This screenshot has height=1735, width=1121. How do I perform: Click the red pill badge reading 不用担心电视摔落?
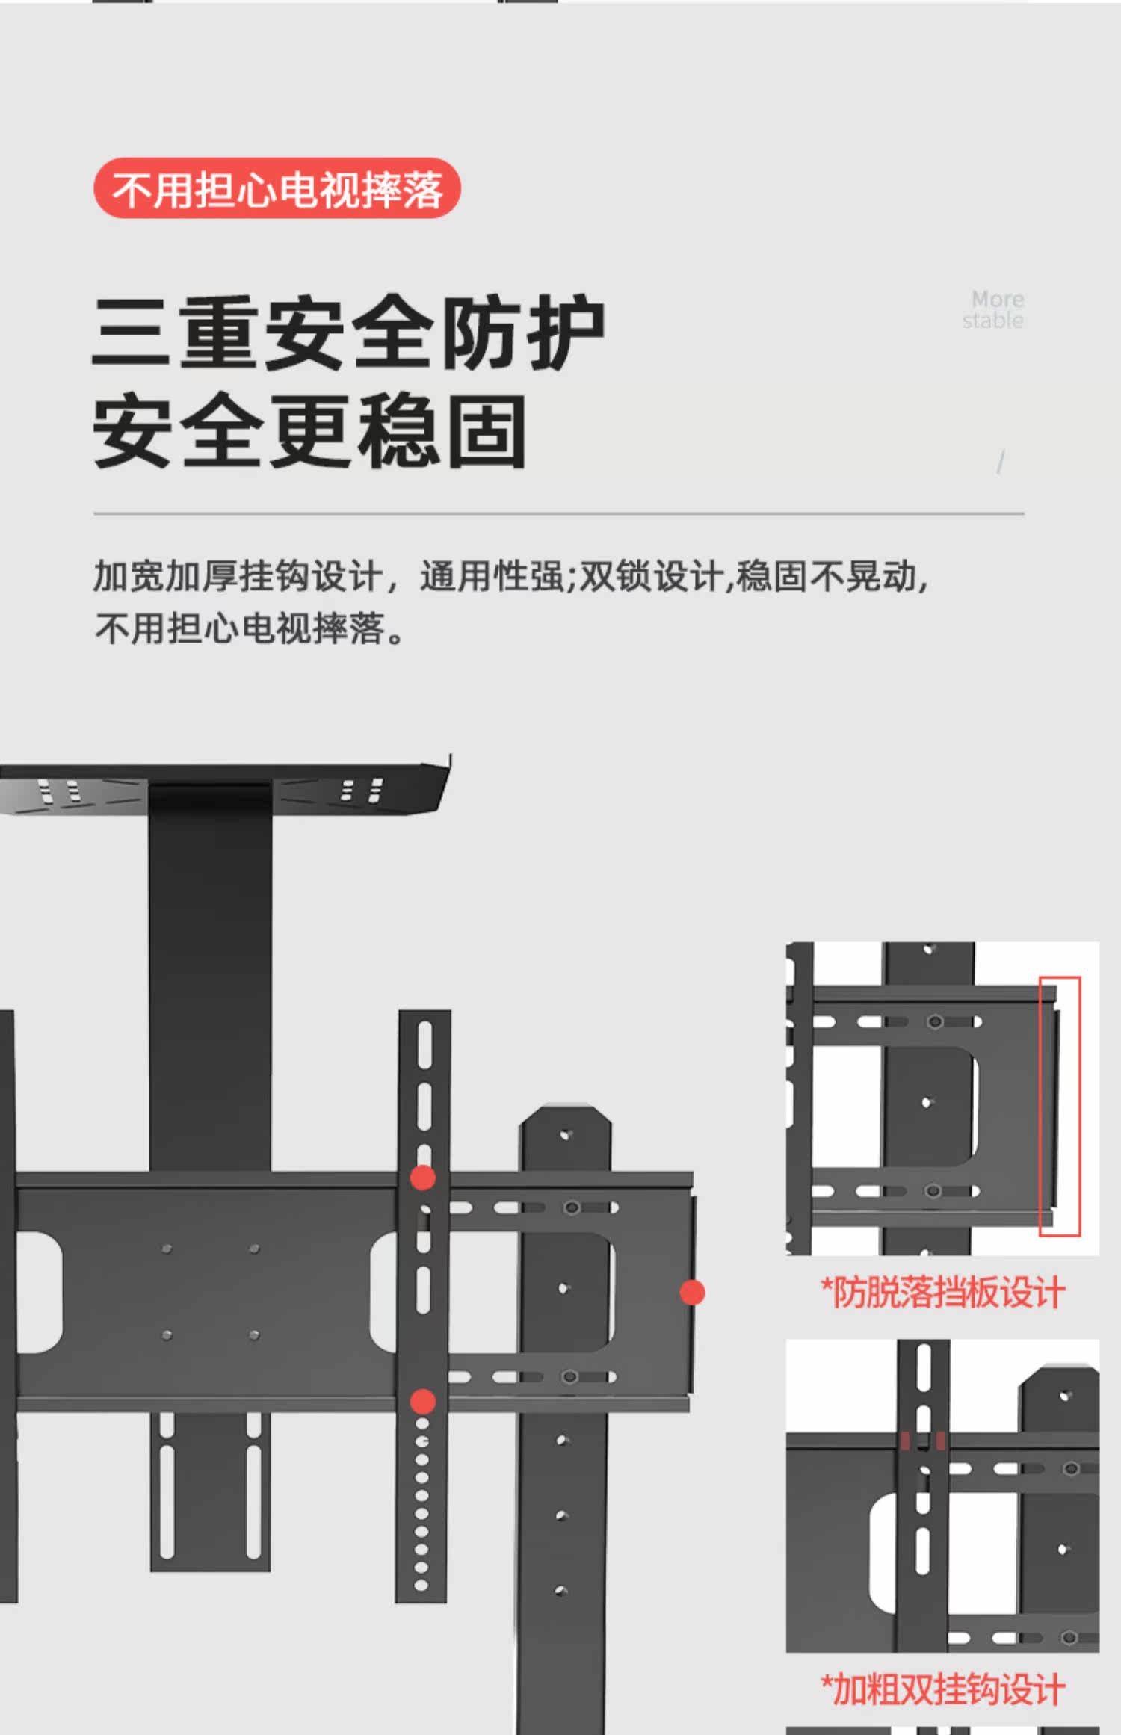[277, 188]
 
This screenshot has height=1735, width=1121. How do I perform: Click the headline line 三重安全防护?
[348, 333]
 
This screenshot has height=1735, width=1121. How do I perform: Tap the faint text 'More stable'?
[993, 309]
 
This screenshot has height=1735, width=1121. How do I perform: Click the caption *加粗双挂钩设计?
[943, 1689]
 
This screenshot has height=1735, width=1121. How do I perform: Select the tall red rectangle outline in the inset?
[1060, 1106]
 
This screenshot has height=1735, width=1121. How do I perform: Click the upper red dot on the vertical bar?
[423, 1178]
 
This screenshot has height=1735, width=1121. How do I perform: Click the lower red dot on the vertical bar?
[423, 1402]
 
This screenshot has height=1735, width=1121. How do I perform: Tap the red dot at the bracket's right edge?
[692, 1292]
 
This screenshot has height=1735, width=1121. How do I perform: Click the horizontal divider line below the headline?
[558, 514]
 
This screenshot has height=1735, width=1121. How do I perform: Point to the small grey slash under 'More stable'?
[1001, 463]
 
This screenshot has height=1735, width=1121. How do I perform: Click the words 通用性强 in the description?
[491, 576]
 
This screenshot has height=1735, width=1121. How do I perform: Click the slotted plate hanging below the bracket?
[210, 1491]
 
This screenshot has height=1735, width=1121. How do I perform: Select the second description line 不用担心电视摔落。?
[250, 628]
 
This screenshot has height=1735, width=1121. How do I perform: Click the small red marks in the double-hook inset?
[923, 1441]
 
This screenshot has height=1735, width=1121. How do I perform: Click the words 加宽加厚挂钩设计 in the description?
[238, 576]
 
